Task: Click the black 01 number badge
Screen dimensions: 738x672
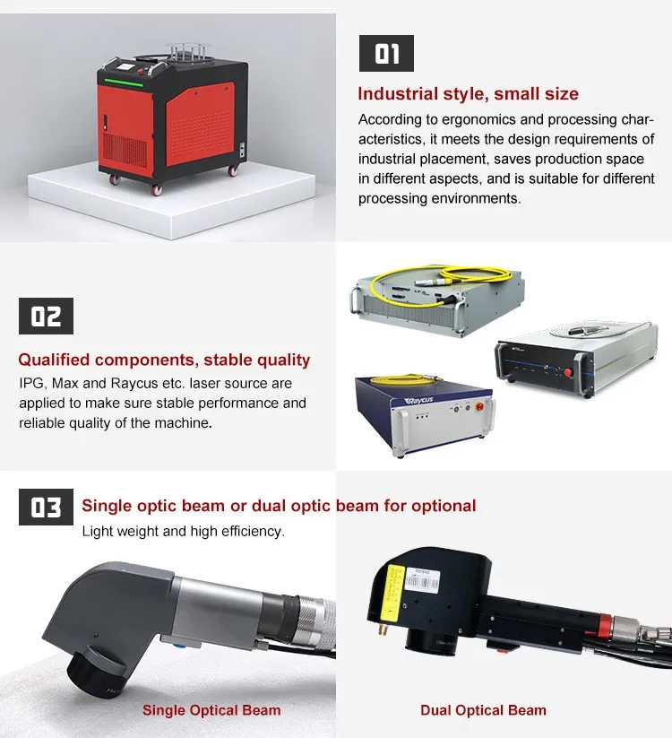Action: pyautogui.click(x=386, y=53)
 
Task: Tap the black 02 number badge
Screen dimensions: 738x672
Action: pyautogui.click(x=46, y=317)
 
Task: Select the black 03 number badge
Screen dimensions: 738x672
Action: pyautogui.click(x=46, y=508)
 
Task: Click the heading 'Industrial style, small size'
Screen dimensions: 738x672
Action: pyautogui.click(x=468, y=94)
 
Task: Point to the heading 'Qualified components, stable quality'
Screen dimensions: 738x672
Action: pyautogui.click(x=164, y=360)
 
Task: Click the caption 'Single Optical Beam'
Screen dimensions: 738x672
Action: pyautogui.click(x=211, y=710)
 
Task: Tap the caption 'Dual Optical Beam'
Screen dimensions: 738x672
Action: pyautogui.click(x=483, y=710)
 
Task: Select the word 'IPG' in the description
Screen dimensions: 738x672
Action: pyautogui.click(x=31, y=384)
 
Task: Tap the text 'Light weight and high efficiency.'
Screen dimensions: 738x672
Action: pyautogui.click(x=183, y=531)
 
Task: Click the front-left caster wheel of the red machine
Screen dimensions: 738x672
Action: pyautogui.click(x=115, y=179)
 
